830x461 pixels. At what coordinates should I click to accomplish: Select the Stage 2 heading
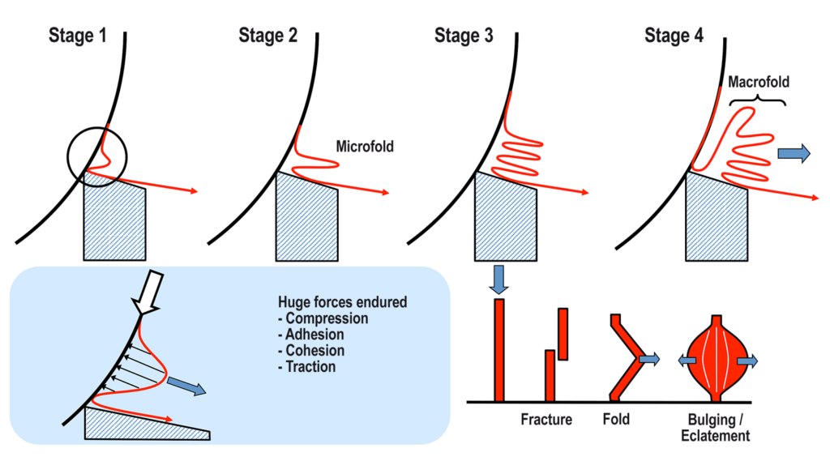pyautogui.click(x=267, y=36)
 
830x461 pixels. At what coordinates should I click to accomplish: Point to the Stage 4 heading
pyautogui.click(x=674, y=36)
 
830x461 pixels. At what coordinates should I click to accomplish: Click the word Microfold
pyautogui.click(x=364, y=146)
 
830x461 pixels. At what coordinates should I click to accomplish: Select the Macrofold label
pyautogui.click(x=758, y=82)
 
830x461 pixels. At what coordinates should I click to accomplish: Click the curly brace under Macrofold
pyautogui.click(x=758, y=100)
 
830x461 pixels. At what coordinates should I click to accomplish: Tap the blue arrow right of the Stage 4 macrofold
pyautogui.click(x=794, y=153)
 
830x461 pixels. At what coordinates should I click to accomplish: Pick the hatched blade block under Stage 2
pyautogui.click(x=307, y=216)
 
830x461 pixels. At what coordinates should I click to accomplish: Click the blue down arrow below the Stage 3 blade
pyautogui.click(x=499, y=279)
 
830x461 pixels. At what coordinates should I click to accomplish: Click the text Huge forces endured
pyautogui.click(x=342, y=303)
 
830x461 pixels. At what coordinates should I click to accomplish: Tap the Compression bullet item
pyautogui.click(x=323, y=318)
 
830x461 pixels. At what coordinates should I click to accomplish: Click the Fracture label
pyautogui.click(x=545, y=420)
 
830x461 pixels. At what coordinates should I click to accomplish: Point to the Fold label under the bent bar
pyautogui.click(x=617, y=420)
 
